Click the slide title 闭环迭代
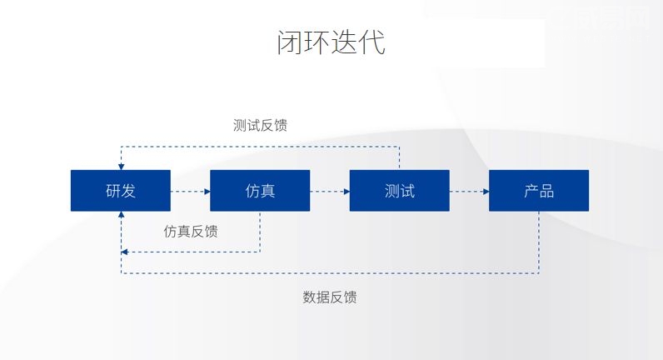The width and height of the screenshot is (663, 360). [331, 42]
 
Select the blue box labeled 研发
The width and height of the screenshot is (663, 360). [121, 191]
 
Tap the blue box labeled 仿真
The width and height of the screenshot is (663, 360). [260, 191]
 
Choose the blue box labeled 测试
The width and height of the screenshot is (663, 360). [400, 191]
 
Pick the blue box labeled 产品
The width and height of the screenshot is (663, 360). [539, 191]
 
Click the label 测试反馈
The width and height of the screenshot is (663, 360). [261, 125]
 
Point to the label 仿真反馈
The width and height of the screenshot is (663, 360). [191, 231]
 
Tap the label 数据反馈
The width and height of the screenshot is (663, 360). [330, 297]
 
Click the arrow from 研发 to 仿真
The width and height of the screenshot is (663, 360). [190, 191]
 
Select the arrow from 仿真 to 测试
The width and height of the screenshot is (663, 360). [330, 191]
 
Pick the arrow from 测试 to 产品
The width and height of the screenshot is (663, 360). [469, 191]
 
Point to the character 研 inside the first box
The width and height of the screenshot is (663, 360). [113, 191]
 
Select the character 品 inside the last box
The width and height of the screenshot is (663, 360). [546, 191]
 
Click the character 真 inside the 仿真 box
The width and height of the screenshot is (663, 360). [267, 191]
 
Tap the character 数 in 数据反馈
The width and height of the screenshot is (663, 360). [309, 297]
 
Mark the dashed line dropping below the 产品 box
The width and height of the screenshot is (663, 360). [539, 242]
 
